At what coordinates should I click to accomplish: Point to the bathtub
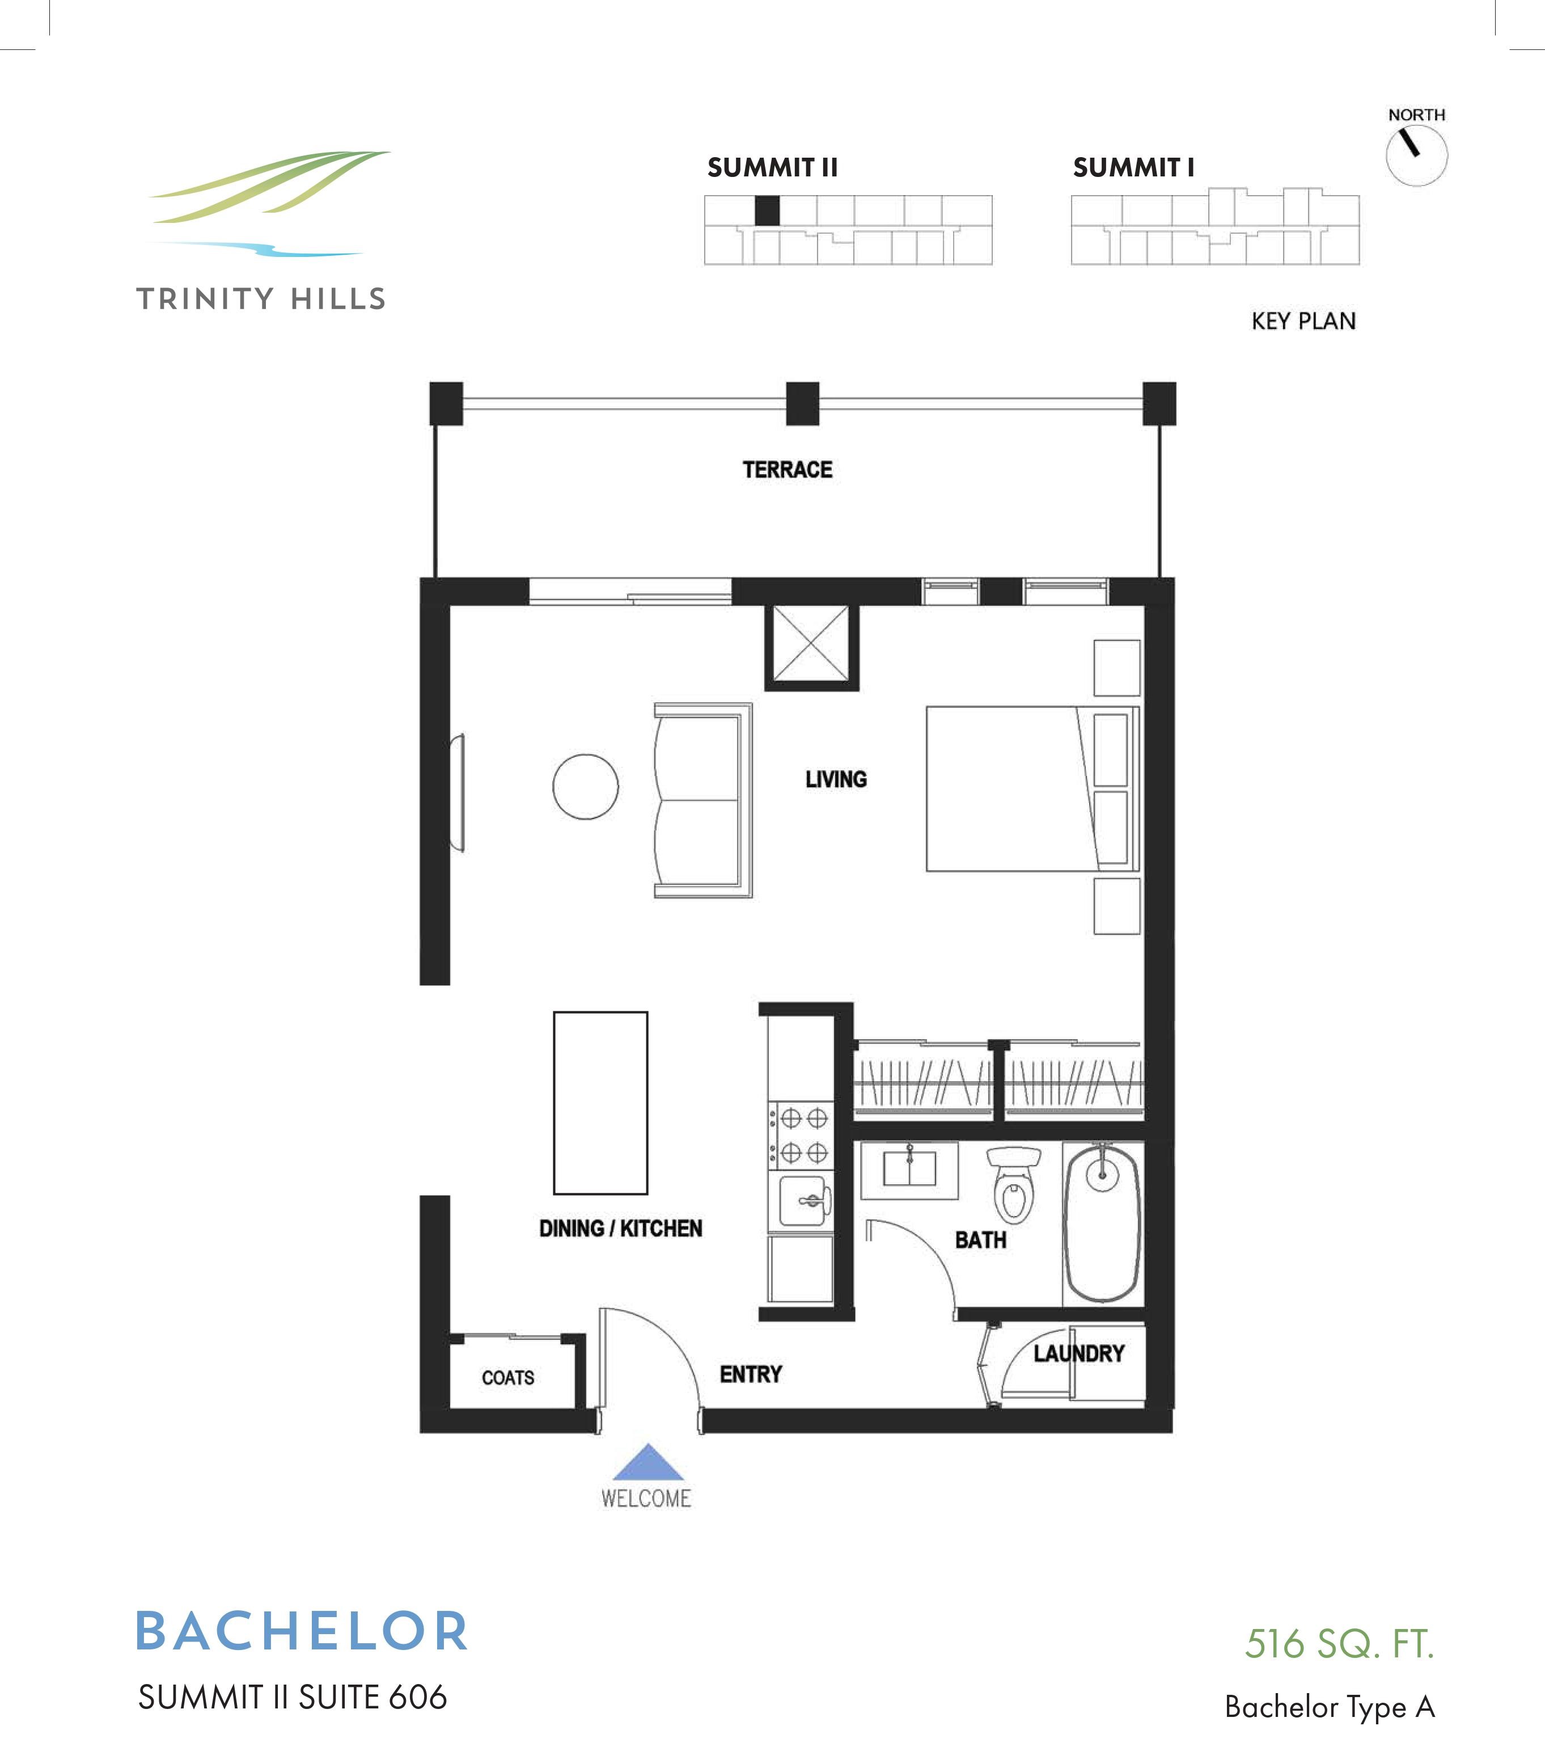[1102, 1222]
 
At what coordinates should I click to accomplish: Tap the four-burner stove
[801, 1135]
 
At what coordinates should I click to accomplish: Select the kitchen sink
[803, 1201]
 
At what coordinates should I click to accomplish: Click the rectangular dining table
[601, 1103]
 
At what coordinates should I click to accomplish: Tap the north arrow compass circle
[1416, 155]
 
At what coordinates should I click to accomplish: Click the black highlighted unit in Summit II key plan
[767, 210]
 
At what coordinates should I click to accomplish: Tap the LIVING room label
[836, 779]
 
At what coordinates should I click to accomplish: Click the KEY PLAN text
[1303, 322]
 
